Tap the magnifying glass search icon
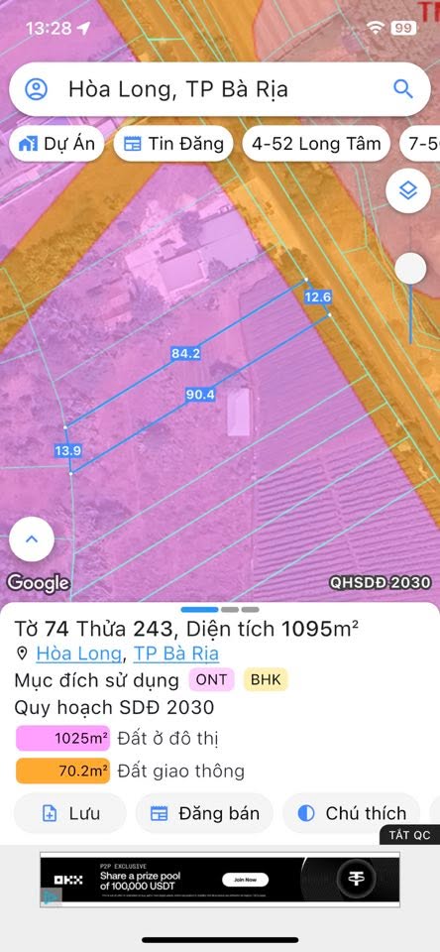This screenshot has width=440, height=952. click(402, 89)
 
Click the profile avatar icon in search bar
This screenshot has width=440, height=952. click(37, 89)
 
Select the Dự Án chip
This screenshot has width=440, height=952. click(56, 144)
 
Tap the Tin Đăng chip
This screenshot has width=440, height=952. click(173, 144)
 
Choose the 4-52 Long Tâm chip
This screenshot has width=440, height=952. click(316, 144)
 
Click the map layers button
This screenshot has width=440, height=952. click(407, 190)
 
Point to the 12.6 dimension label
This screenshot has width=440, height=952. click(318, 297)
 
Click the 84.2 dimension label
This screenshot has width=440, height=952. click(185, 353)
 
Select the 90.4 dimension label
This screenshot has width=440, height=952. click(200, 395)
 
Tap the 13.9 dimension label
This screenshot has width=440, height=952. click(67, 451)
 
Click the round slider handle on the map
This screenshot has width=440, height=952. click(410, 269)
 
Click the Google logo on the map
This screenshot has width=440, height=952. click(39, 583)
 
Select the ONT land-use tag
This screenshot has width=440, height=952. click(212, 680)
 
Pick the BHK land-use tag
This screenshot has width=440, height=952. click(266, 680)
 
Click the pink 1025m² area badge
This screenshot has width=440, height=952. click(62, 739)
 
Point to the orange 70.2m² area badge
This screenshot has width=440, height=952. click(62, 771)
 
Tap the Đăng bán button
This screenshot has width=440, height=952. click(205, 813)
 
